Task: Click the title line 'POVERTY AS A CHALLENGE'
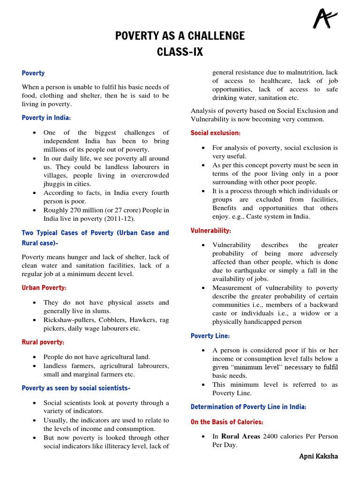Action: pyautogui.click(x=180, y=36)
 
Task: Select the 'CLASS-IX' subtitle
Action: pyautogui.click(x=180, y=52)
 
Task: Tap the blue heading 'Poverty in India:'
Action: pyautogui.click(x=46, y=118)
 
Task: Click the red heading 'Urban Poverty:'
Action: pyautogui.click(x=44, y=287)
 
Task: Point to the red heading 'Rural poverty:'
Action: pyautogui.click(x=43, y=342)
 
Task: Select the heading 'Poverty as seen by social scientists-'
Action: pyautogui.click(x=76, y=388)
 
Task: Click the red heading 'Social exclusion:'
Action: pyautogui.click(x=216, y=133)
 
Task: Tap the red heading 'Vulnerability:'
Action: pyautogui.click(x=210, y=231)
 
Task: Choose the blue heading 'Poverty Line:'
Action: pyautogui.click(x=210, y=336)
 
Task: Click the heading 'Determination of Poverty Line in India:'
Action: pyautogui.click(x=248, y=407)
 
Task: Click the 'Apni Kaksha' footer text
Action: pyautogui.click(x=318, y=456)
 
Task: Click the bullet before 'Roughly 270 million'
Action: pyautogui.click(x=35, y=210)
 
